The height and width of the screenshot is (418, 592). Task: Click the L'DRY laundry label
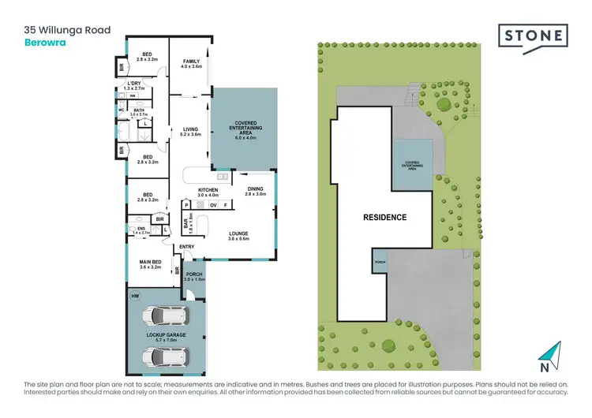click(133, 87)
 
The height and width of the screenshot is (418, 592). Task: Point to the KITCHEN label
click(208, 189)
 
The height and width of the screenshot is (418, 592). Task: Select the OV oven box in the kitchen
click(213, 205)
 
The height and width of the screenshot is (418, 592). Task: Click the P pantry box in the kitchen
click(187, 205)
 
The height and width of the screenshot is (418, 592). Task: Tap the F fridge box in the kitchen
click(226, 205)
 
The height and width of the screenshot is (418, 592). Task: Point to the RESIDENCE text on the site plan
click(384, 217)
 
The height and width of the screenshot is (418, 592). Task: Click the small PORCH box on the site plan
click(380, 262)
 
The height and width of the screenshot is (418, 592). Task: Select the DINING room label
click(256, 189)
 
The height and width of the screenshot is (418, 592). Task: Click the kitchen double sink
click(223, 177)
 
